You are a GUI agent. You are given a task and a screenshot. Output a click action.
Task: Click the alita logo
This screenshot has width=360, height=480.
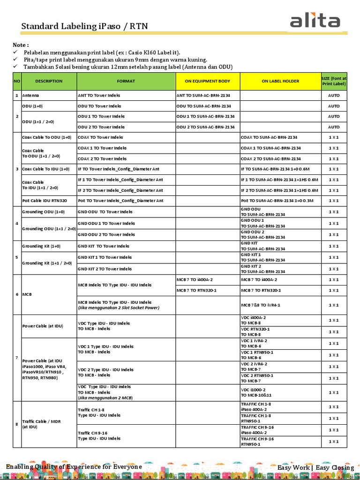coord(315,21)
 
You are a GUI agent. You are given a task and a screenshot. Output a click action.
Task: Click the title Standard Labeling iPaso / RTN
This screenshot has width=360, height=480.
coord(84,26)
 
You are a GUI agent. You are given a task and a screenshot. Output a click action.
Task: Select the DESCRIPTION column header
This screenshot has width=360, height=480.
coord(49,81)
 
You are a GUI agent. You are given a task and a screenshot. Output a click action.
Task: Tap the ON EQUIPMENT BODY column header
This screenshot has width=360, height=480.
coord(208,81)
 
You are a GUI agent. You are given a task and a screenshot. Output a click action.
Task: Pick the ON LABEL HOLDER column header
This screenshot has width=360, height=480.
coord(280,81)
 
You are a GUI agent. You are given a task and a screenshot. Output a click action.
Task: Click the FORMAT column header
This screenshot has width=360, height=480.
coord(126,81)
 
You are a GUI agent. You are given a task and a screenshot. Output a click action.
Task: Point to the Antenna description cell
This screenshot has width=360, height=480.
coord(31,95)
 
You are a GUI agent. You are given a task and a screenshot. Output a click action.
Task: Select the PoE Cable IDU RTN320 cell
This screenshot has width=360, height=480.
coord(45,201)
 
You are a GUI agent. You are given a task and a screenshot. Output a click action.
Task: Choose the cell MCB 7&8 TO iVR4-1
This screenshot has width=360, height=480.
coord(261,305)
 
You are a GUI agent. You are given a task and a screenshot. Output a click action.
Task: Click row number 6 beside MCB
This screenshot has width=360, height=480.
coord(17,294)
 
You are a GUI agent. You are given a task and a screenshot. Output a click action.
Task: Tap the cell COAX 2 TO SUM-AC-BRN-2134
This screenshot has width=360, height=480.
coord(270,159)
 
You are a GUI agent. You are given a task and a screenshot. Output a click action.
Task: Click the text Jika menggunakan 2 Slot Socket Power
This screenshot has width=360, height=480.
coord(119,308)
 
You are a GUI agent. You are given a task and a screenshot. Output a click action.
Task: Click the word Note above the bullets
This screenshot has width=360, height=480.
coord(21,45)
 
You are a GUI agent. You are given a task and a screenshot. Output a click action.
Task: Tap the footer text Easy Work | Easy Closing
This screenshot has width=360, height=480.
coord(315,467)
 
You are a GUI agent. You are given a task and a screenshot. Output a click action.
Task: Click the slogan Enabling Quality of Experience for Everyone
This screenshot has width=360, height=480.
coord(74,467)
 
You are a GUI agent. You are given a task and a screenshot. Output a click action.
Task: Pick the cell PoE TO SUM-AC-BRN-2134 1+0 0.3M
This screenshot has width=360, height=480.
coord(277,201)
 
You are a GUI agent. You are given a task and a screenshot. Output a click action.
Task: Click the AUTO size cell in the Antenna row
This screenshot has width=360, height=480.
coord(334,95)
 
